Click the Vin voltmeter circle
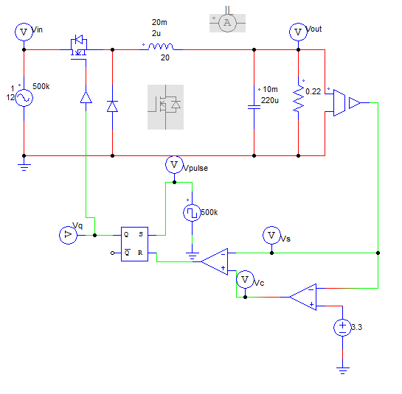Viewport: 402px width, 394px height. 24,32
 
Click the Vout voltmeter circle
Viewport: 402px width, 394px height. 298,32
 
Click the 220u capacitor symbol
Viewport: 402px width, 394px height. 254,105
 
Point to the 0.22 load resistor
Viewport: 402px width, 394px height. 298,98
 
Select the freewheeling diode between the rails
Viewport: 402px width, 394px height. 112,106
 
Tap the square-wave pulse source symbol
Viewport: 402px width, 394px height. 192,213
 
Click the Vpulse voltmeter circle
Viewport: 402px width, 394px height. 174,163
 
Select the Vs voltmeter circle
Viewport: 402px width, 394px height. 271,235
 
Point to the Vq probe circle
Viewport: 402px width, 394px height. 66,235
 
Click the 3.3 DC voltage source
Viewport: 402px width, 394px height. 342,327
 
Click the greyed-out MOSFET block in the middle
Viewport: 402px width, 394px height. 164,106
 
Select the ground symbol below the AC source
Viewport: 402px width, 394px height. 24,166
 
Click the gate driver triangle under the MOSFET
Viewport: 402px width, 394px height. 86,97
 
